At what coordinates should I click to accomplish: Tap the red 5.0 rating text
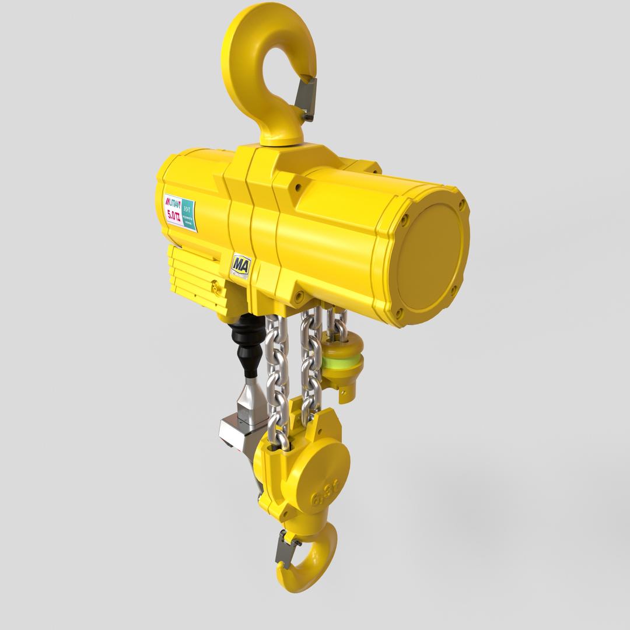tap(174, 215)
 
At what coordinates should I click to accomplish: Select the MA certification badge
tap(240, 265)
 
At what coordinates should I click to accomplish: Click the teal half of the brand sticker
tap(188, 214)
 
